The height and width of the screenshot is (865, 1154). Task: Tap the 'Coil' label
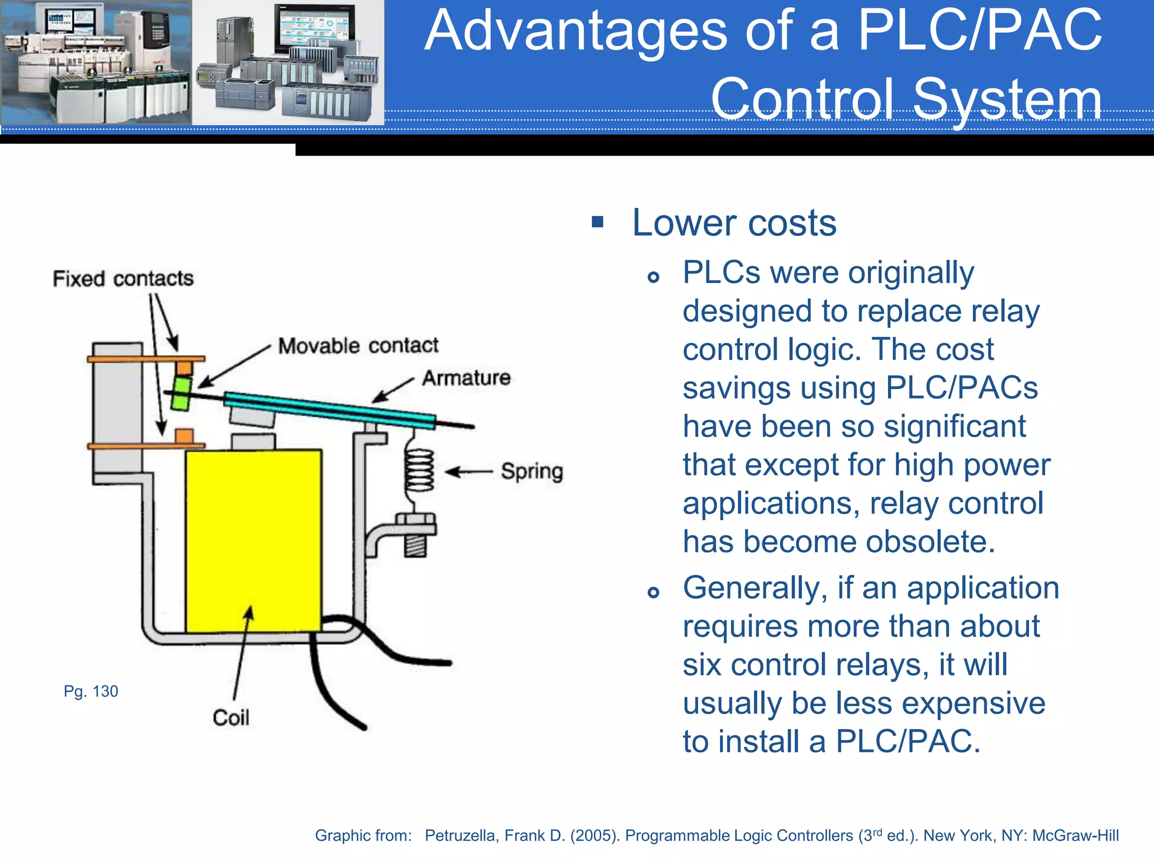(231, 717)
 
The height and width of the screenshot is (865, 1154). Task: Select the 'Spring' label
(532, 471)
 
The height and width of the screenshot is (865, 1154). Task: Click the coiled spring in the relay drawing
(420, 471)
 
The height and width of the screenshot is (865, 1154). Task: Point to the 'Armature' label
(467, 378)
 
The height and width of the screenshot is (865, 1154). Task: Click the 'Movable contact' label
(358, 345)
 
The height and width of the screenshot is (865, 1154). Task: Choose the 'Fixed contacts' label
(123, 278)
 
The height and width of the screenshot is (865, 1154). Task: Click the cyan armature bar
(330, 411)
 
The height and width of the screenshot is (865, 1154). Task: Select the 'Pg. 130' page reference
(91, 691)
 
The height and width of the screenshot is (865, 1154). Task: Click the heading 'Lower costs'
(734, 223)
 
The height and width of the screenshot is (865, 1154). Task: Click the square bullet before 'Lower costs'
(598, 222)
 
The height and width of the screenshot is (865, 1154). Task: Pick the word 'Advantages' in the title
(575, 31)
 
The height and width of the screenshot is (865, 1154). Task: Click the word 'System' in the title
(1007, 99)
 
